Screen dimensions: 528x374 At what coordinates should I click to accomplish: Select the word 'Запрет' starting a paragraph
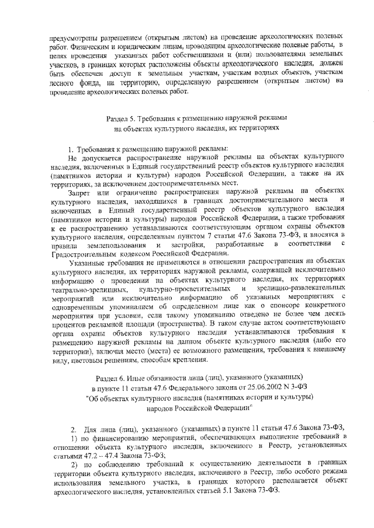79,191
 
